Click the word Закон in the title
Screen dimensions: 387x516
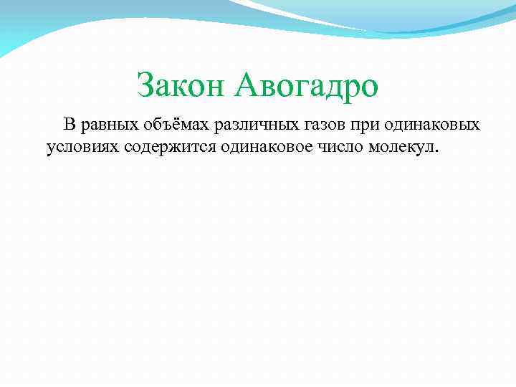coord(182,86)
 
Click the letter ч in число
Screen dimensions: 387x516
coord(322,148)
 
